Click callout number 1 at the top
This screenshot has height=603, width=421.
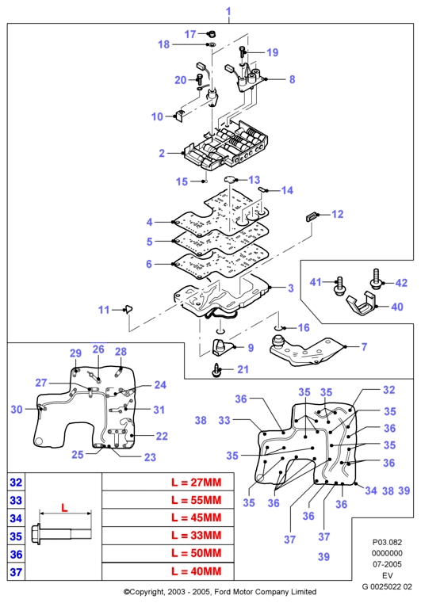228,11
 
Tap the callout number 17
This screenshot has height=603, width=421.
190,34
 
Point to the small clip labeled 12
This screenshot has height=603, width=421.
312,216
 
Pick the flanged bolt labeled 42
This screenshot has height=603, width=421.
376,280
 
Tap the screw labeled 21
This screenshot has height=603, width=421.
216,370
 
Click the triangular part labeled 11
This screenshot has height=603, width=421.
128,308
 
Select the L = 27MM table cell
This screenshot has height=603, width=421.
168,483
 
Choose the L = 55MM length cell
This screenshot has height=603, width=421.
168,500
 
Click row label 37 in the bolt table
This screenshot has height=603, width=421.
16,572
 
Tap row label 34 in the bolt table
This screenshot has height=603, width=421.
16,518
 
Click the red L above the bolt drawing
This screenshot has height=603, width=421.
64,508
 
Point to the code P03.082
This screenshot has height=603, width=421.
387,542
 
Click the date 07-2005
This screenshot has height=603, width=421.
387,564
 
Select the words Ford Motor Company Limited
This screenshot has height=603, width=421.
265,592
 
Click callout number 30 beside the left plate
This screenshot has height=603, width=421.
17,410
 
